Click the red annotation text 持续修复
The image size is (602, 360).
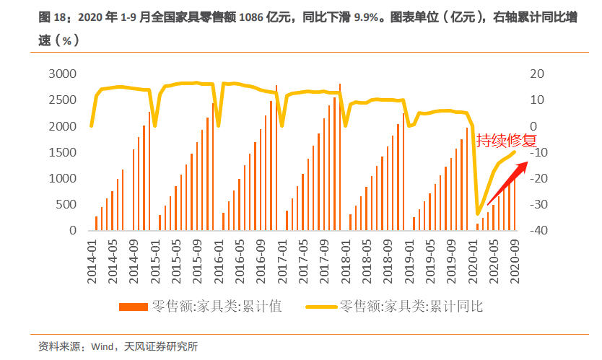(x=506, y=140)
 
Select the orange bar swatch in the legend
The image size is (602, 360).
(x=133, y=307)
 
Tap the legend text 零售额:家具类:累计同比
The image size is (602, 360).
(x=411, y=307)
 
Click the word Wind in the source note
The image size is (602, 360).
(x=102, y=347)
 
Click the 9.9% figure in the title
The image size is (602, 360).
(x=368, y=17)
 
